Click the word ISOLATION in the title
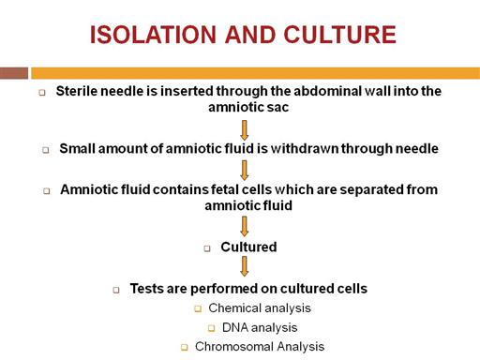(x=153, y=35)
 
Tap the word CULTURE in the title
(x=340, y=35)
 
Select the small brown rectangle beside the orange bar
(x=14, y=73)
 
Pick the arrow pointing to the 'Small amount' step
(x=245, y=130)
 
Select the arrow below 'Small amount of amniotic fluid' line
(x=245, y=171)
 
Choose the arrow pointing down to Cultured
(x=245, y=226)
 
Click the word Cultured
(x=248, y=247)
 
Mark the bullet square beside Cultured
(x=207, y=248)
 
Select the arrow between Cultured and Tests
(x=245, y=266)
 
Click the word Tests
(x=147, y=289)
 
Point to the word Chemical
(x=232, y=308)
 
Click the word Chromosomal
(x=234, y=347)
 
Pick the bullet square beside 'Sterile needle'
(x=42, y=93)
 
